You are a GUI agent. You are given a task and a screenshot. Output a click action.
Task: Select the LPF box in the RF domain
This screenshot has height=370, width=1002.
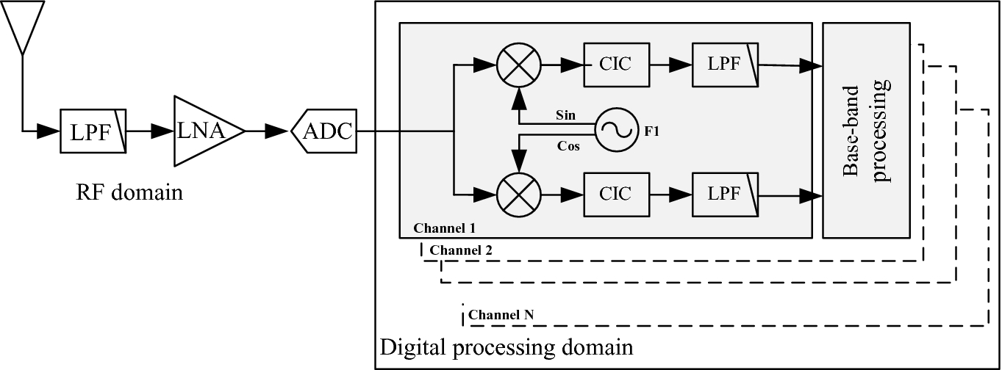click(x=93, y=131)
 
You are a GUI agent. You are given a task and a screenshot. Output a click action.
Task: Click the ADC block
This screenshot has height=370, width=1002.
click(x=323, y=132)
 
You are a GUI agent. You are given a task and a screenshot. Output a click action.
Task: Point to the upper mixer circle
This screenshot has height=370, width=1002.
click(x=519, y=65)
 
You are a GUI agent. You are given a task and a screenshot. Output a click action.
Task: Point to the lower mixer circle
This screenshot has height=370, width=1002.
click(x=519, y=195)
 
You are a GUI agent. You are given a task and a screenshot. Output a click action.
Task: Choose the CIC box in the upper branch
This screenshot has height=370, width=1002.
click(x=616, y=65)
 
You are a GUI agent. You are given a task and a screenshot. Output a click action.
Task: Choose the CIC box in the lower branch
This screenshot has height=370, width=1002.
click(x=616, y=195)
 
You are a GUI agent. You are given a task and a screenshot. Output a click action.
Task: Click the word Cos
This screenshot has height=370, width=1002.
click(x=568, y=146)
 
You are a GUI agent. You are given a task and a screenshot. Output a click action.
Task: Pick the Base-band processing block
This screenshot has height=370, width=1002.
click(x=865, y=130)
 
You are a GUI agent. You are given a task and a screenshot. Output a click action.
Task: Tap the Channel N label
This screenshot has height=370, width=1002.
click(x=501, y=316)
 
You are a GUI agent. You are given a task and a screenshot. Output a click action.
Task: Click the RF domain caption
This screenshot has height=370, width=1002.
click(x=129, y=194)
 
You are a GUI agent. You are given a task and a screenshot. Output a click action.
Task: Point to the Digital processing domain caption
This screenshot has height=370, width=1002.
click(x=506, y=347)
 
